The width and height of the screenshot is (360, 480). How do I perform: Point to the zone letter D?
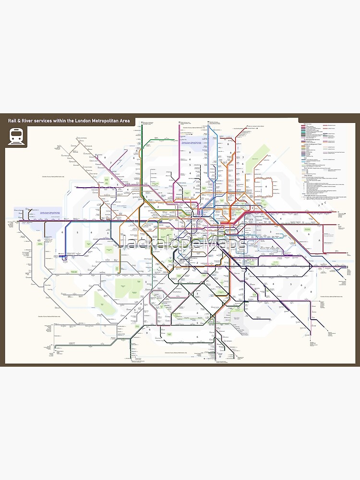220,357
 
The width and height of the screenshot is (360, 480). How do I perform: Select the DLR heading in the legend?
305,158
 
